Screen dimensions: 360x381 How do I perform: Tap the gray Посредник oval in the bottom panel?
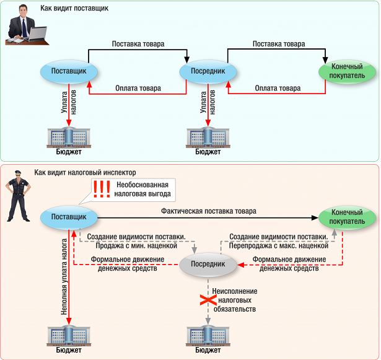pos(208,265)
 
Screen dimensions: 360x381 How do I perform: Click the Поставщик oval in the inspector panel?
pos(68,217)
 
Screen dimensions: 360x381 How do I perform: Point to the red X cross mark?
pos(207,300)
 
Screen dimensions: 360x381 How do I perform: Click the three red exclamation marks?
pos(101,188)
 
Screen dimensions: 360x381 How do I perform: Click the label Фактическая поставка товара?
pos(208,211)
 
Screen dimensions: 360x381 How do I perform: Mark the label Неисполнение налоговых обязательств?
pos(234,300)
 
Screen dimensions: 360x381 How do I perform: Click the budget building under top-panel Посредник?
pos(208,136)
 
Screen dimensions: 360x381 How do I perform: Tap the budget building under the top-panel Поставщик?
pos(69,136)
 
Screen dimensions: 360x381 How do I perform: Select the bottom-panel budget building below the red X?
pos(208,335)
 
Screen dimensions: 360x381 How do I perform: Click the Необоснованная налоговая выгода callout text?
pos(142,189)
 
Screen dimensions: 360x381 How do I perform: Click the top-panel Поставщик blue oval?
pos(69,72)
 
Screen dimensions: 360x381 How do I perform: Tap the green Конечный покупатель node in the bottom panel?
pos(342,217)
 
